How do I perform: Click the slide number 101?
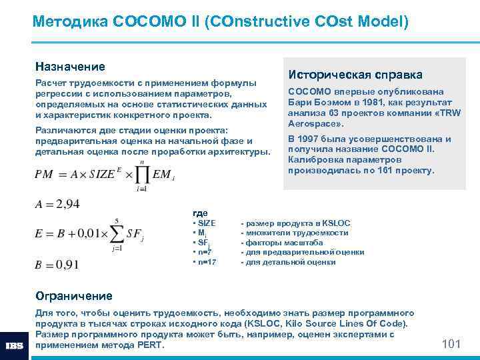tap(451, 343)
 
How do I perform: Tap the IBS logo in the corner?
tap(15, 345)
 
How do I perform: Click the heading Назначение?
tap(70, 67)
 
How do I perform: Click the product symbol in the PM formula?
tap(143, 175)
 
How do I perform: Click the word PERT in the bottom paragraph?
tap(148, 345)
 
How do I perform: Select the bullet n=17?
tap(205, 262)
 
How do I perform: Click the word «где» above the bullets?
tap(200, 212)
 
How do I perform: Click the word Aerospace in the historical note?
tap(314, 124)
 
